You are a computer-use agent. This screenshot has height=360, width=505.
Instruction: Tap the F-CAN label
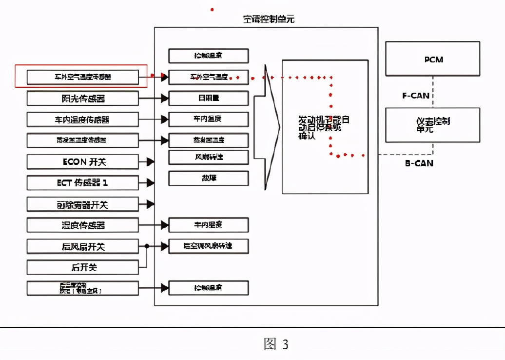pyautogui.click(x=416, y=96)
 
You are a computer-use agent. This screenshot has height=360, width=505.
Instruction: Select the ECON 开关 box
pyautogui.click(x=82, y=162)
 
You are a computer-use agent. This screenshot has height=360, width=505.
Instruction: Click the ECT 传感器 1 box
pyautogui.click(x=82, y=183)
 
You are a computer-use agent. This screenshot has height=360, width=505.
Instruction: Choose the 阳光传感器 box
pyautogui.click(x=82, y=99)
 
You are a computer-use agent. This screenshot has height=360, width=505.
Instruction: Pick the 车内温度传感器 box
pyautogui.click(x=82, y=120)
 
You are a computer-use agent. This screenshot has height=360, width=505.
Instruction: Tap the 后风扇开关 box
pyautogui.click(x=82, y=246)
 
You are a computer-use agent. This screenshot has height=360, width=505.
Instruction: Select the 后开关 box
pyautogui.click(x=82, y=267)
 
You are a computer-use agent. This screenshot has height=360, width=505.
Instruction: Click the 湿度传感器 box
pyautogui.click(x=82, y=225)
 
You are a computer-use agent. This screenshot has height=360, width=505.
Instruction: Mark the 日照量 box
pyautogui.click(x=209, y=98)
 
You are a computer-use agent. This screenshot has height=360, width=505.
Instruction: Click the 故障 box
pyautogui.click(x=209, y=178)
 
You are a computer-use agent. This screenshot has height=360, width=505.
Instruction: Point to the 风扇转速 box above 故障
pyautogui.click(x=209, y=157)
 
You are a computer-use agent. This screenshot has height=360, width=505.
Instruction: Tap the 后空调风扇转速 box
pyautogui.click(x=209, y=246)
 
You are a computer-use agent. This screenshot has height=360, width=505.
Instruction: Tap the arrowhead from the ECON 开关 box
pyautogui.click(x=151, y=162)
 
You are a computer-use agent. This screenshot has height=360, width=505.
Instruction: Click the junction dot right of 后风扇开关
pyautogui.click(x=147, y=246)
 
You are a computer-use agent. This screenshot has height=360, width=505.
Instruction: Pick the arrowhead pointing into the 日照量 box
pyautogui.click(x=165, y=99)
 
